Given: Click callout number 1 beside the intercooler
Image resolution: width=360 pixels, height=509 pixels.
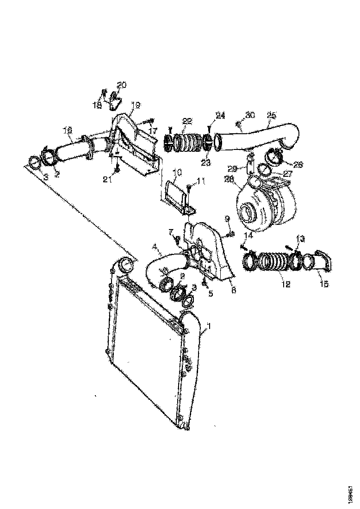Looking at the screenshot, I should (209, 326).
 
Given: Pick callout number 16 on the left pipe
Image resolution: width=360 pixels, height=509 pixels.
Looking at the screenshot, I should (68, 131).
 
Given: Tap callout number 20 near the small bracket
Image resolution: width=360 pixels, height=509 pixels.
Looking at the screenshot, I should (121, 85).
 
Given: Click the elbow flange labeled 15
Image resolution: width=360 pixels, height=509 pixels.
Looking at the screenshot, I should (323, 262).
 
